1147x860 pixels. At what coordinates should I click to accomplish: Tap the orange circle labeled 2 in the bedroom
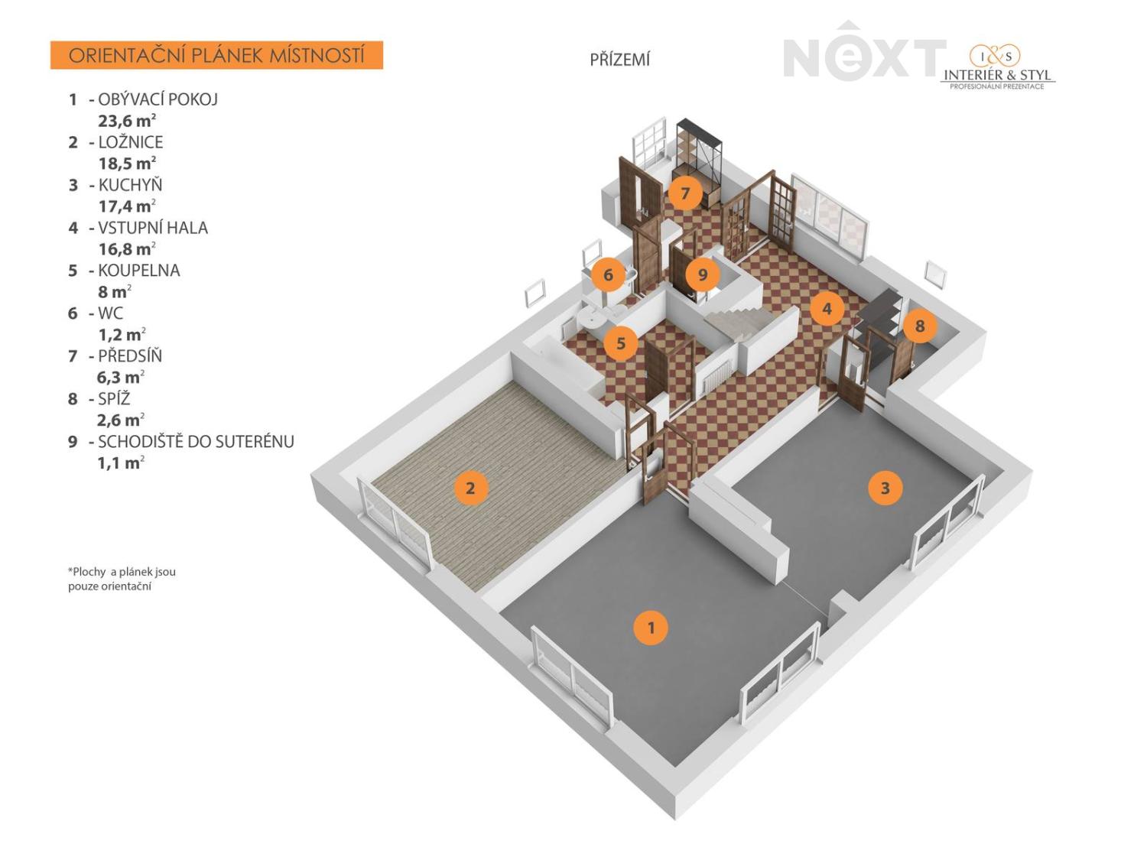[x=470, y=488]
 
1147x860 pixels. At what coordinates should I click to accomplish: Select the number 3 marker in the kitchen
[x=885, y=488]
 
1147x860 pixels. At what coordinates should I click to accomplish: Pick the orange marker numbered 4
[x=827, y=309]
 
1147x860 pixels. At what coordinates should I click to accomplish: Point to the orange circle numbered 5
[x=621, y=343]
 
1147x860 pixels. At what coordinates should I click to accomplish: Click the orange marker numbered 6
[x=608, y=274]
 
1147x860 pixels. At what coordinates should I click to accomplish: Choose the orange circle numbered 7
[x=685, y=193]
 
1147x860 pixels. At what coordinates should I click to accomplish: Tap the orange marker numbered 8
[x=920, y=326]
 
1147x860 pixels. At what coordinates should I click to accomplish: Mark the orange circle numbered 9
[x=702, y=274]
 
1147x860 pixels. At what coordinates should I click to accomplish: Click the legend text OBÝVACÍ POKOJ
[x=158, y=99]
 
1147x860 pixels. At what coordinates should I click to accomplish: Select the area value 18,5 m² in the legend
[x=127, y=163]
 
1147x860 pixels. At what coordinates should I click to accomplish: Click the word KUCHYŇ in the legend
[x=130, y=184]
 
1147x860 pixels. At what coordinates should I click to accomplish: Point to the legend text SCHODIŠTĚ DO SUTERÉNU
[x=196, y=441]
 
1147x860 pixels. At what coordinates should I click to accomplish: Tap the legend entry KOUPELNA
[x=139, y=270]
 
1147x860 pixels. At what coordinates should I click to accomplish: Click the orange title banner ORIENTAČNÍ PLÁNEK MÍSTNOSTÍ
[x=216, y=55]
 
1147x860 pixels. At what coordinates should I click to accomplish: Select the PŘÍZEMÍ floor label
[x=619, y=60]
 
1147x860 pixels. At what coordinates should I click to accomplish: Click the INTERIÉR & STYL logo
[x=997, y=68]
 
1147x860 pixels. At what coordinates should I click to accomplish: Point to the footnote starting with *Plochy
[x=122, y=579]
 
